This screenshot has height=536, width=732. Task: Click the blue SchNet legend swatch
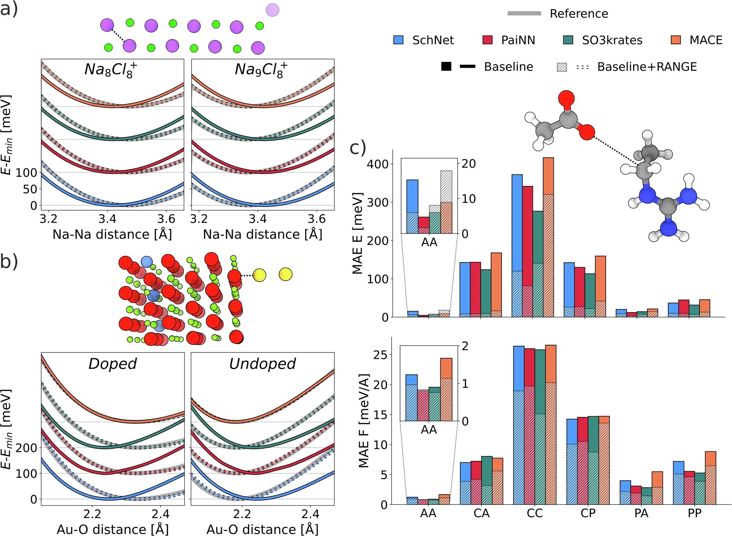tap(398, 40)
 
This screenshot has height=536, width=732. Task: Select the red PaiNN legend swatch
tap(488, 40)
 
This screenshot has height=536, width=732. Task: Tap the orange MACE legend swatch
tap(676, 40)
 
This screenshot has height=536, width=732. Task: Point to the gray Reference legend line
tap(524, 14)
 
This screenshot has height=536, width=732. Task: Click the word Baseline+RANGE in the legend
tap(647, 67)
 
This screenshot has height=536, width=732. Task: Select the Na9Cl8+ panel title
tap(261, 70)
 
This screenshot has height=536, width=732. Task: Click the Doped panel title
tap(112, 364)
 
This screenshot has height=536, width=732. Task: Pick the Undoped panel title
tap(262, 364)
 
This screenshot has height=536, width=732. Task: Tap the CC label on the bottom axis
tap(535, 513)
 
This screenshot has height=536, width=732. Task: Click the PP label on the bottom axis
tap(694, 513)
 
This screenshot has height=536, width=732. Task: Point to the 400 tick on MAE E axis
tap(378, 164)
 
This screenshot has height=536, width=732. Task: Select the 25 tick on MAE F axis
tap(381, 355)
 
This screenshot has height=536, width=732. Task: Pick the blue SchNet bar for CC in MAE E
tap(517, 245)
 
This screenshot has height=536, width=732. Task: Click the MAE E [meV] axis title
tap(357, 233)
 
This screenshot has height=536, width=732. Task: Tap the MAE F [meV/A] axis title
tap(364, 421)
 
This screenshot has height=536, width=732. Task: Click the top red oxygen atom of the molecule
tap(566, 99)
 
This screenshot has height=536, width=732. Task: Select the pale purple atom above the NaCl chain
tap(273, 10)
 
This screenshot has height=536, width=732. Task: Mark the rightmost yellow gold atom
tap(285, 274)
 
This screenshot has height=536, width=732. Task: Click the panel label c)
tap(358, 148)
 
